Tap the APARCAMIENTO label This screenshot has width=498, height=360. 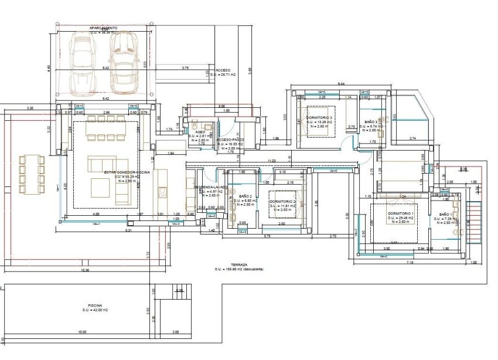point(103,28)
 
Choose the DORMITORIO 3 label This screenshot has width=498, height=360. point(319,118)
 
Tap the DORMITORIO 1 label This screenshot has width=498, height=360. point(400,213)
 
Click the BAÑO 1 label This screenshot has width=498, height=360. point(448,215)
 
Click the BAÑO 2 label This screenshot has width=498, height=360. point(245,196)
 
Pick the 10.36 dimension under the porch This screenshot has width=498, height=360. point(86,270)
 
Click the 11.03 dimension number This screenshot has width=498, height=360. point(271,160)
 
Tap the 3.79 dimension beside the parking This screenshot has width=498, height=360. point(185,68)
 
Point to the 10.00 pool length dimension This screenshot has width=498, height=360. point(81,332)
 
